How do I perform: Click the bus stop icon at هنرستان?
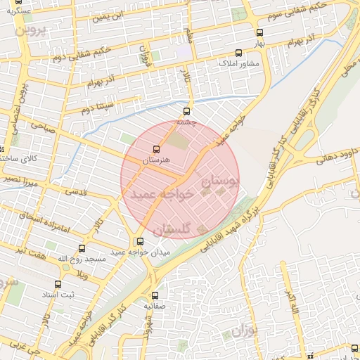[155, 149]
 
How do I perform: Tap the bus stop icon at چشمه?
[186, 111]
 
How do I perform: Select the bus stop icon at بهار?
[259, 32]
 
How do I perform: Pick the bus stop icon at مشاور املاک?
[238, 52]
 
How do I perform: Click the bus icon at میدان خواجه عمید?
[141, 241]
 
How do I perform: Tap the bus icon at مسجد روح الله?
[82, 248]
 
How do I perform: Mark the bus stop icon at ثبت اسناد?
[58, 285]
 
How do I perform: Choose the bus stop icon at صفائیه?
[155, 296]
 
